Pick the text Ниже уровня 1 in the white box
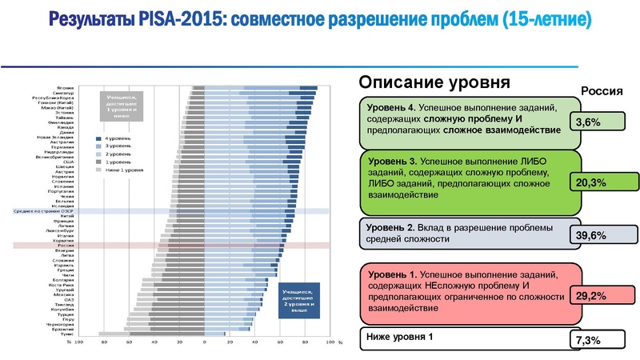tap(399, 336)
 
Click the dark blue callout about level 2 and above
tap(298, 301)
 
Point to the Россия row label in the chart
tap(66, 245)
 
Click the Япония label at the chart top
tap(66, 86)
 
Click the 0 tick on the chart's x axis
tap(205, 342)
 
